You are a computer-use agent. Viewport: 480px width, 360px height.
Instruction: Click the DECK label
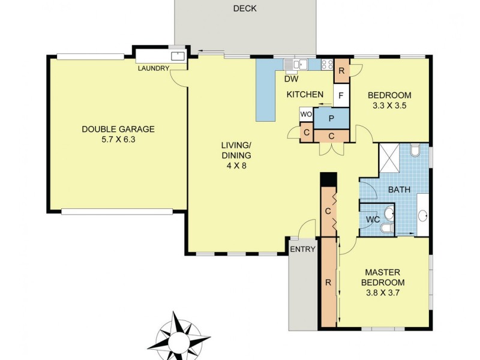245,8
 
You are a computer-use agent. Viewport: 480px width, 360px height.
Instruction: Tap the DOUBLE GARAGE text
118,129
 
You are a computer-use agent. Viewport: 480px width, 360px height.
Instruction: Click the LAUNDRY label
153,68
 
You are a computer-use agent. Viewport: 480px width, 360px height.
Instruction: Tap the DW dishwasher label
291,79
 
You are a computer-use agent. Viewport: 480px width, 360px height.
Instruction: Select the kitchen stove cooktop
328,64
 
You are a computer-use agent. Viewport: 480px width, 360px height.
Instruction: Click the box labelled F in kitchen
341,95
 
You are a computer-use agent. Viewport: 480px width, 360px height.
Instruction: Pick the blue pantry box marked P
331,118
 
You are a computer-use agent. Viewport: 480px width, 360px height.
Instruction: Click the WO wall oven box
305,114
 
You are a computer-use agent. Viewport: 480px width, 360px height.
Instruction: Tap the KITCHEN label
305,95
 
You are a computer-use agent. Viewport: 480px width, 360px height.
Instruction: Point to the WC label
373,220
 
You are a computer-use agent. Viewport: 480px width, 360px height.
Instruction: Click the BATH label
399,190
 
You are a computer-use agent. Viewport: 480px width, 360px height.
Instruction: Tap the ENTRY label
302,250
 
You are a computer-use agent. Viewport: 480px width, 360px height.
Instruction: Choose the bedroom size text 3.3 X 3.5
389,106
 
